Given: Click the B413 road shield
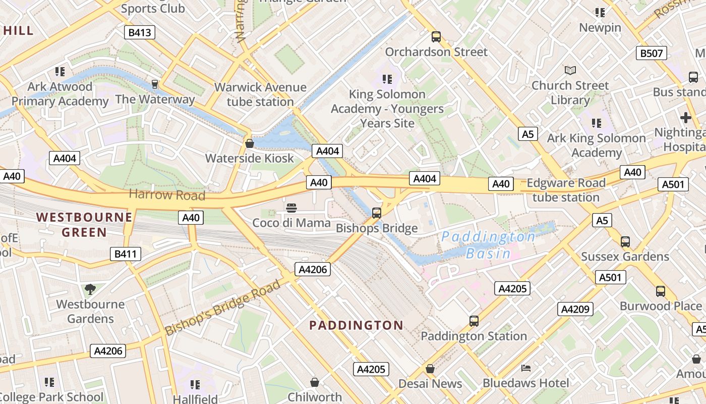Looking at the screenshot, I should pyautogui.click(x=140, y=33).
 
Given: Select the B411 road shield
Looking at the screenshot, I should pyautogui.click(x=125, y=254).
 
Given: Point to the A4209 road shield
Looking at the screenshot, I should pyautogui.click(x=575, y=309).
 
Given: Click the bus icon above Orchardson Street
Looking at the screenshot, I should pyautogui.click(x=436, y=37).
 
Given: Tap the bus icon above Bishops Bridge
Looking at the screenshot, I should pyautogui.click(x=377, y=213).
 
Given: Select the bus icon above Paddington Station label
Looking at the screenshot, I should pyautogui.click(x=474, y=321).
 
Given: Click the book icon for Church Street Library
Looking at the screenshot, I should pyautogui.click(x=570, y=70).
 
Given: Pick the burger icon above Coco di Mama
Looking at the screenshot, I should pyautogui.click(x=291, y=208).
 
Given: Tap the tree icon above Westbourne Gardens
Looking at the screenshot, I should pyautogui.click(x=90, y=289).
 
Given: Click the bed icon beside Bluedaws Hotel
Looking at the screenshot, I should pyautogui.click(x=526, y=368).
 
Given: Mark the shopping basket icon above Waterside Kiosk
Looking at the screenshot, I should pyautogui.click(x=249, y=143).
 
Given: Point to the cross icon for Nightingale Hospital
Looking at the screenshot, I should pyautogui.click(x=685, y=118).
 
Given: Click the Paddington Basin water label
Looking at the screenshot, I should pyautogui.click(x=488, y=245).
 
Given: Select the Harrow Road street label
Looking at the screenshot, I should pyautogui.click(x=167, y=194).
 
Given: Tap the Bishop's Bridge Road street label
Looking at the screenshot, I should pyautogui.click(x=222, y=308).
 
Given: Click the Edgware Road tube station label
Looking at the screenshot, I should pyautogui.click(x=566, y=190).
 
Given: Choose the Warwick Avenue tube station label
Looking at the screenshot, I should pyautogui.click(x=260, y=94).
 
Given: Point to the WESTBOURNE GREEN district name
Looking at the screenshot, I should pyautogui.click(x=84, y=225).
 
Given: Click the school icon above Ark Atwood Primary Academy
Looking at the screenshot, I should pyautogui.click(x=60, y=72).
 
